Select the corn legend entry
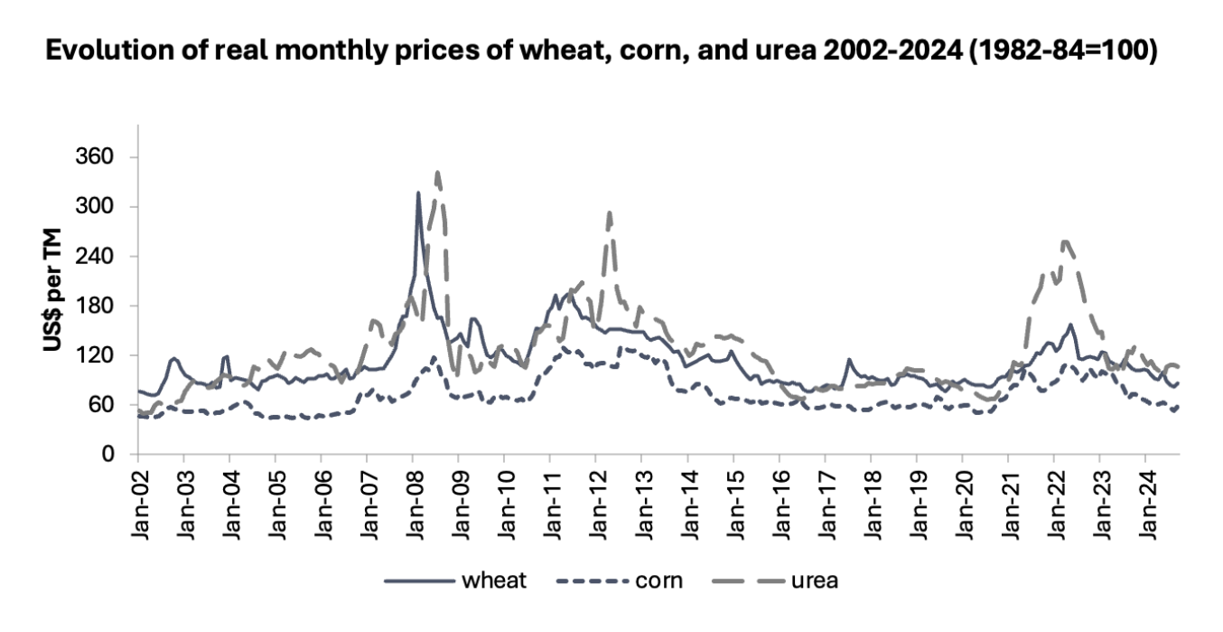[x=632, y=580]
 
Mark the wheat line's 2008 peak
[x=418, y=193]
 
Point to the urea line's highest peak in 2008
[x=437, y=172]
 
